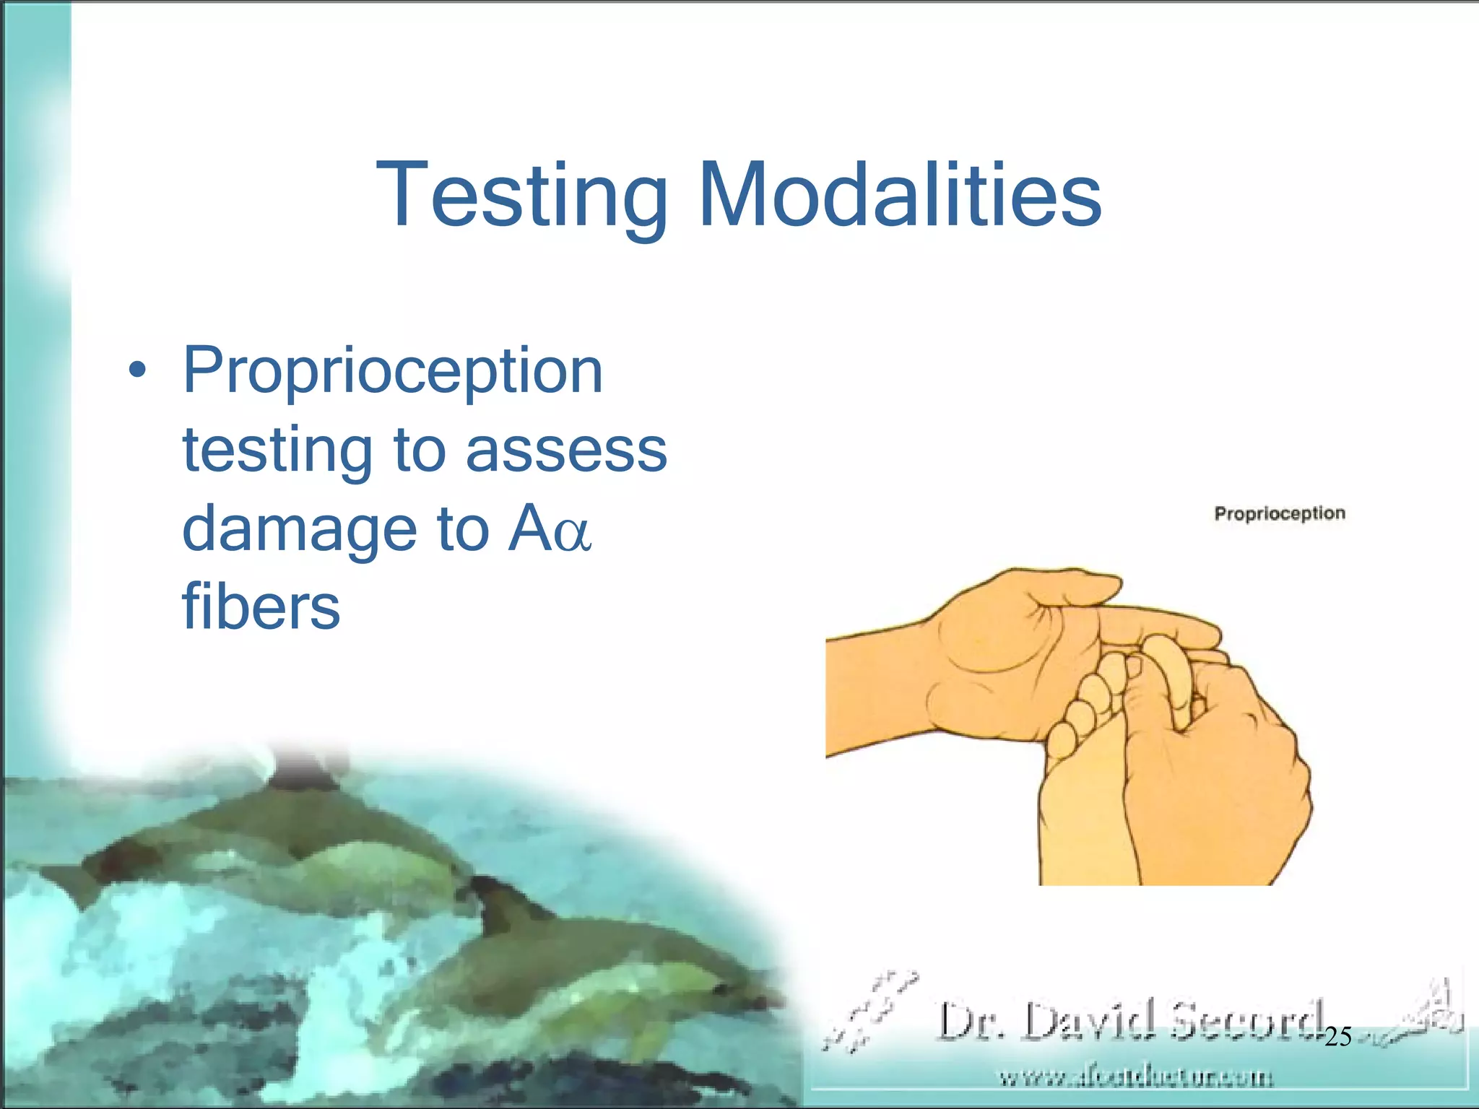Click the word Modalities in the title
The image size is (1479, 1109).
click(900, 195)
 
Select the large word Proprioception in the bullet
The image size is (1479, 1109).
click(392, 371)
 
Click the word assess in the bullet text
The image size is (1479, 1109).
click(566, 451)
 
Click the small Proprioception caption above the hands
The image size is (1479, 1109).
click(1280, 513)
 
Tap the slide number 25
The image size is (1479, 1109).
click(1337, 1038)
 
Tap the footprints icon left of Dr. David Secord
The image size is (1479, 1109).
click(870, 1011)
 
